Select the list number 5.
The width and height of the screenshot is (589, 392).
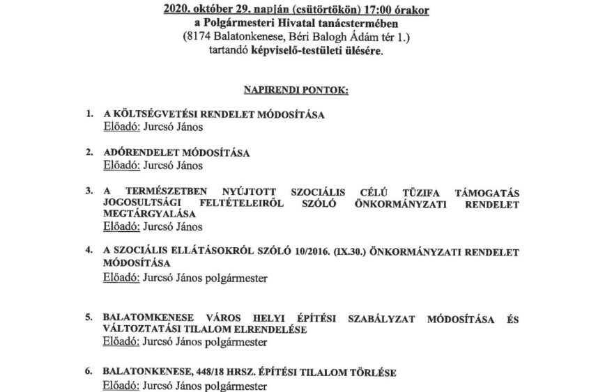coord(88,318)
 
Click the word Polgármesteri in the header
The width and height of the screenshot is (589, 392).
coord(240,24)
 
